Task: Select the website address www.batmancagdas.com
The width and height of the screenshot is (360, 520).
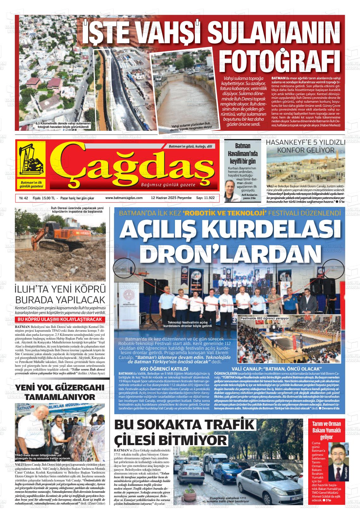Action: pyautogui.click(x=124, y=198)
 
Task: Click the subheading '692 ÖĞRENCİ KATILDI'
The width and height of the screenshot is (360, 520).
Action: pyautogui.click(x=164, y=369)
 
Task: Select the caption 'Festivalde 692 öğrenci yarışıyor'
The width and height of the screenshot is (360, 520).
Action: pyautogui.click(x=265, y=318)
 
